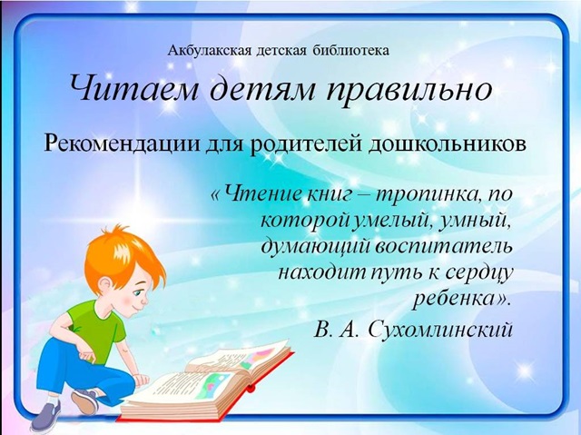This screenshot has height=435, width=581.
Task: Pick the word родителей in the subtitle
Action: coord(306,143)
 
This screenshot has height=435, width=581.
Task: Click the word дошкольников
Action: coord(448,143)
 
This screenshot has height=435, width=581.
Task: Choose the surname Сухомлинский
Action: coord(441,328)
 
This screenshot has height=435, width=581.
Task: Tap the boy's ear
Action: coord(104,284)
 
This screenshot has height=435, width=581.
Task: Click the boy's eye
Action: coord(139,292)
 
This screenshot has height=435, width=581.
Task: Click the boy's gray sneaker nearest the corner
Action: coord(47,414)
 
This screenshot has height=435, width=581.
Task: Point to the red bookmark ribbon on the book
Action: coord(251,389)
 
